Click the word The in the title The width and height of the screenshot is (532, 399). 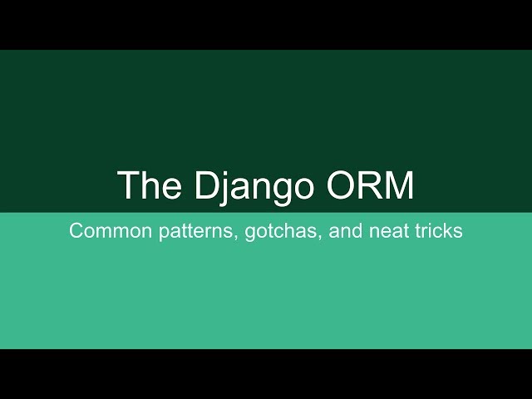coord(144,185)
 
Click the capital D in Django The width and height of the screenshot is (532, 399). coord(207,185)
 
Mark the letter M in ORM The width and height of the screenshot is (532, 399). coord(399,185)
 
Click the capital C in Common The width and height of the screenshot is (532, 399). coord(76,231)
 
